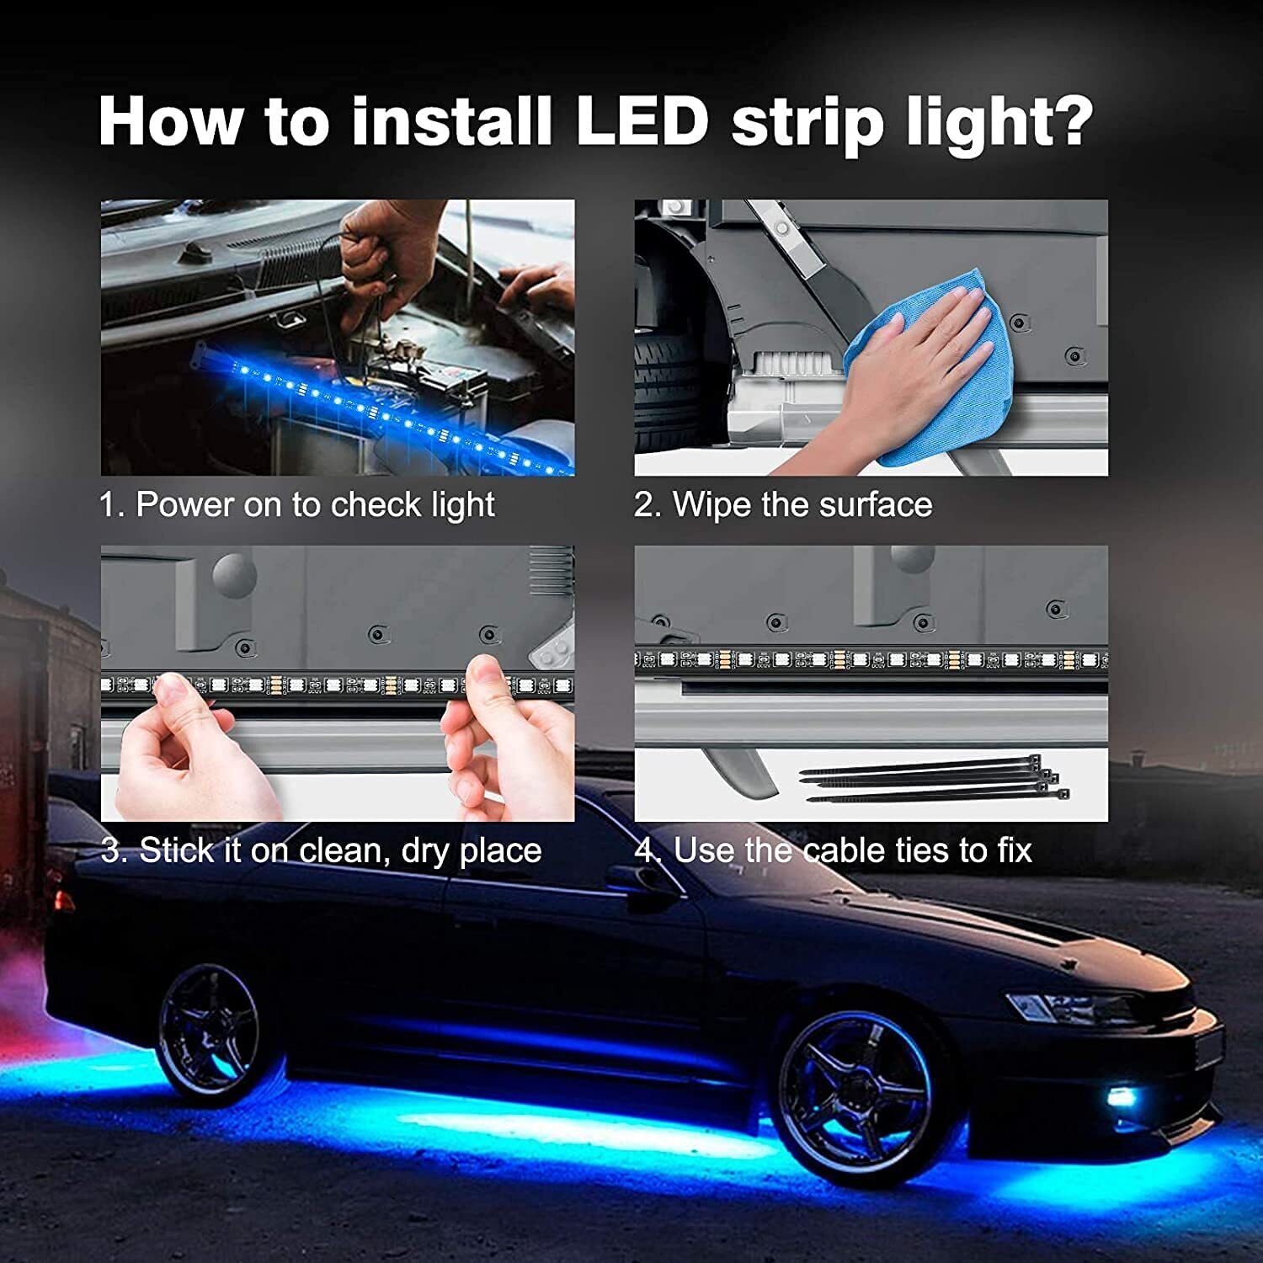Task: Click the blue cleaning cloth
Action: [x=918, y=370]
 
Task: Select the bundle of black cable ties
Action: [x=935, y=781]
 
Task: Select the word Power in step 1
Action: [x=185, y=505]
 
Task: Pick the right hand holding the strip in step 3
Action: [x=505, y=741]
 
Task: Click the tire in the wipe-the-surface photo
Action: [x=674, y=396]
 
